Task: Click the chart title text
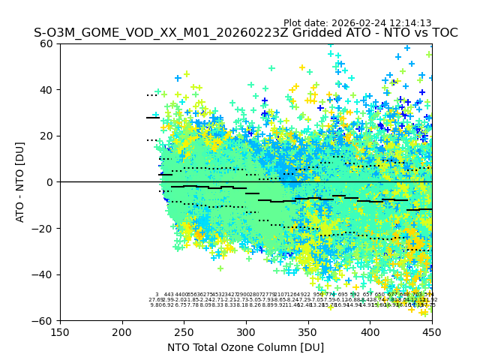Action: [245, 33]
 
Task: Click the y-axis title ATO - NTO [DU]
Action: [21, 182]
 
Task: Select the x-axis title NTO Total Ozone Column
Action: [245, 347]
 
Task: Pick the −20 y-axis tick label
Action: [45, 228]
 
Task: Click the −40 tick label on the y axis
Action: [45, 274]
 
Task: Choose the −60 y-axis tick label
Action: [45, 320]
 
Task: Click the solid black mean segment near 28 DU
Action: [153, 118]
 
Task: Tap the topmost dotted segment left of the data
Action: [152, 95]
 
